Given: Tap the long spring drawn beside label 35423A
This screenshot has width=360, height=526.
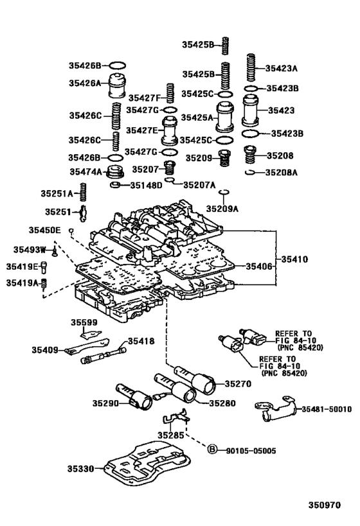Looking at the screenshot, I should [251, 68].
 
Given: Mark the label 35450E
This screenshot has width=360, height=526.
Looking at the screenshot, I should [44, 229].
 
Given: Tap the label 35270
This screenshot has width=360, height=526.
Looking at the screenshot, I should [237, 384].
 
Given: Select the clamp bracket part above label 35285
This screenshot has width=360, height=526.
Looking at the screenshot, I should [174, 419].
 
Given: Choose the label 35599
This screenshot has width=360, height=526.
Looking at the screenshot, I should [84, 322].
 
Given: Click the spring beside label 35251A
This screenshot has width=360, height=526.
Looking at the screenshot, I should [83, 192].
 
